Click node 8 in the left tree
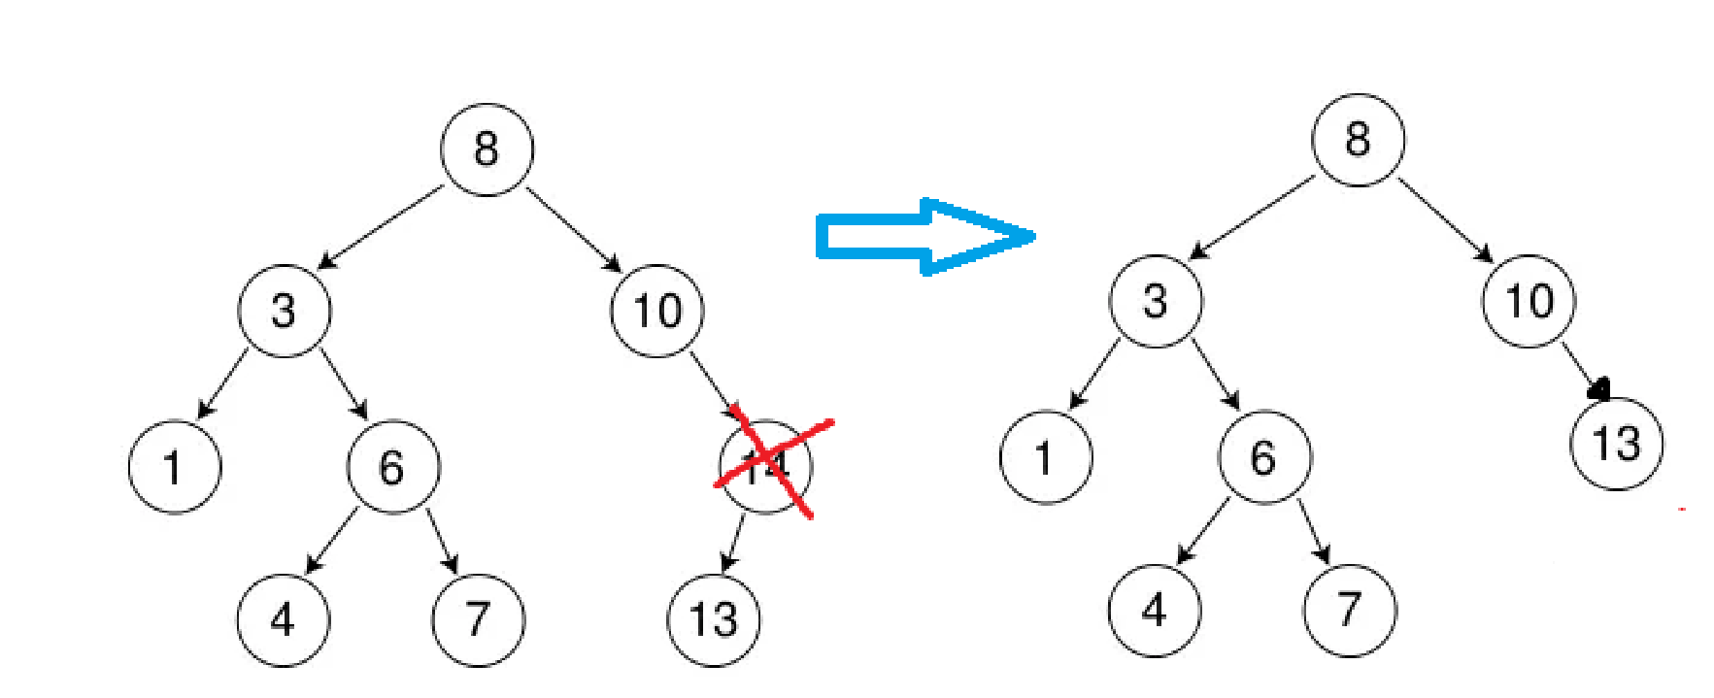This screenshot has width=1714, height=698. click(487, 150)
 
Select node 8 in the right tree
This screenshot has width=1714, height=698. click(1358, 140)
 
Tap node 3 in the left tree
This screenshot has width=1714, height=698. click(284, 311)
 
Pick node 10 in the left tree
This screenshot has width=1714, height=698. click(656, 311)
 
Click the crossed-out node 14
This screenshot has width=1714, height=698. click(766, 466)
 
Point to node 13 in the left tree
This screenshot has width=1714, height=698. click(714, 619)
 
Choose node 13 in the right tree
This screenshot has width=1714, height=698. click(1616, 444)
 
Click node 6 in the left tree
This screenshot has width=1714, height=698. click(392, 467)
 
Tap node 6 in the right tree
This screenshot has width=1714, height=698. click(1263, 457)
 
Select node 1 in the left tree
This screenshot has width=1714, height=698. click(174, 467)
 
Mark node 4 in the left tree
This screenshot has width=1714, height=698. click(283, 619)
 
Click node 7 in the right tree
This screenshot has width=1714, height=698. click(1350, 610)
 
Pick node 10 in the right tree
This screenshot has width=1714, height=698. click(1529, 301)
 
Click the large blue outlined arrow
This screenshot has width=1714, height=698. click(923, 237)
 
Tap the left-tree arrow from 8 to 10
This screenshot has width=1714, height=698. click(573, 229)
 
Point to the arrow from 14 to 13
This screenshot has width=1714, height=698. click(735, 543)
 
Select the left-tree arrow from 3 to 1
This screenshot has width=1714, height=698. click(223, 383)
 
